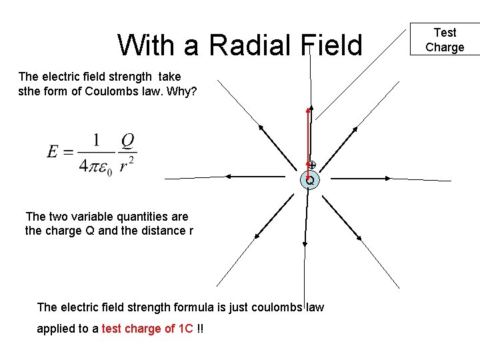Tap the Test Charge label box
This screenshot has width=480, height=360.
445,39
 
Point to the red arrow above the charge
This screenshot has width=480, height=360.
309,137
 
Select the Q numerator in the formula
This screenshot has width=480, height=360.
128,141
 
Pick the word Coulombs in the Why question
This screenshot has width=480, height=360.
111,91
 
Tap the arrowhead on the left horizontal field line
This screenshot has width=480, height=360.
229,176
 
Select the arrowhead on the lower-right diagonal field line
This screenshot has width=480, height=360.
359,236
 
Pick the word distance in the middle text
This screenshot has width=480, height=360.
157,231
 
